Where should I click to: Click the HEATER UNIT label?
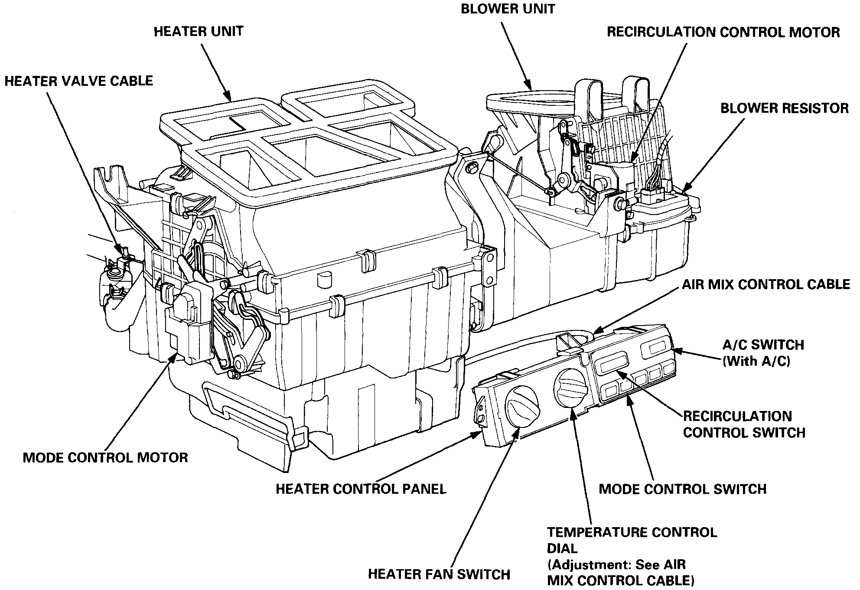click(199, 32)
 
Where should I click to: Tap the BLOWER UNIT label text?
click(508, 9)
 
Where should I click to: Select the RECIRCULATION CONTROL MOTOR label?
click(723, 32)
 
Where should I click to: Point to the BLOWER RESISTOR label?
click(784, 108)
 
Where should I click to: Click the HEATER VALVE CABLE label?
click(79, 81)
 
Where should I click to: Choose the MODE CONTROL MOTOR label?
click(105, 457)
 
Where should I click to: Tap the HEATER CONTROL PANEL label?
click(361, 489)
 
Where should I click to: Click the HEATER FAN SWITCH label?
click(439, 574)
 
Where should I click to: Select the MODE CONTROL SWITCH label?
click(682, 489)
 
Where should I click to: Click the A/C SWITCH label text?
click(763, 345)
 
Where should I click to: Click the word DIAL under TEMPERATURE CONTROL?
click(562, 548)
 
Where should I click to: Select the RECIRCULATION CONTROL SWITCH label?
click(744, 424)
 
